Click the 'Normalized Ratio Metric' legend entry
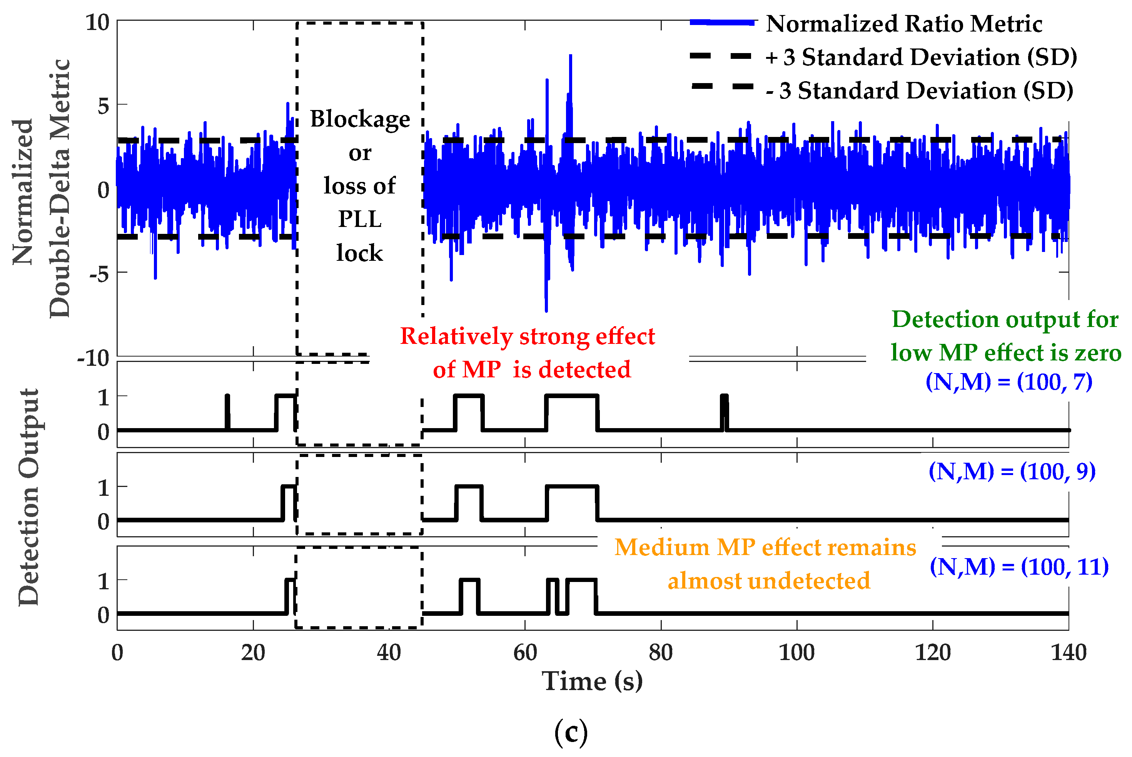(x=903, y=24)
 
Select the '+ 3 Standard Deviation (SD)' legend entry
(x=920, y=57)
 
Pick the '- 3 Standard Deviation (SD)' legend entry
(x=918, y=91)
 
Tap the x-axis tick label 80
(x=661, y=653)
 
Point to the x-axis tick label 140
(x=1068, y=653)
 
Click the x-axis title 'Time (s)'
(x=592, y=681)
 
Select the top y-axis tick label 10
(x=98, y=23)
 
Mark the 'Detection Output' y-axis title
(x=29, y=497)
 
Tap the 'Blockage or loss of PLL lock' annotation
(x=360, y=186)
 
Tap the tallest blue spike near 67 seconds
(x=570, y=58)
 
